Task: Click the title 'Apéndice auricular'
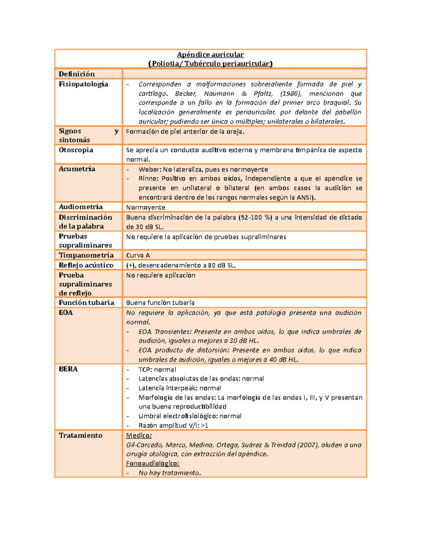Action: click(x=210, y=54)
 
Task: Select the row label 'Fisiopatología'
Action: click(x=83, y=84)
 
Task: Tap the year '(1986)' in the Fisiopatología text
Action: click(x=291, y=94)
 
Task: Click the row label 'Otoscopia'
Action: click(x=76, y=150)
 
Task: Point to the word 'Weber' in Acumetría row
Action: click(x=149, y=169)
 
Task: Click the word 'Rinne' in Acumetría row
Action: click(x=148, y=179)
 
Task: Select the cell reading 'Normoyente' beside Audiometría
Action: click(x=146, y=207)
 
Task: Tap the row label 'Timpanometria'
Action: click(x=86, y=255)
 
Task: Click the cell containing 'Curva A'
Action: click(x=138, y=255)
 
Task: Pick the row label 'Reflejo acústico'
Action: click(x=86, y=265)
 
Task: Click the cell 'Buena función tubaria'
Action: click(x=160, y=303)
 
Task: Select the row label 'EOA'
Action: click(x=66, y=313)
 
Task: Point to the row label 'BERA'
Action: click(x=68, y=369)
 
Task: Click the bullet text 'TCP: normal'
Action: click(x=157, y=369)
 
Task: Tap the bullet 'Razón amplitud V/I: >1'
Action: click(x=173, y=425)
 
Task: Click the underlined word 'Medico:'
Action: click(x=139, y=436)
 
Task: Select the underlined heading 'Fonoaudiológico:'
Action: click(x=152, y=463)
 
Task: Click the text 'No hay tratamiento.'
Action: click(x=170, y=473)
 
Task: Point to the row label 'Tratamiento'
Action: click(x=81, y=436)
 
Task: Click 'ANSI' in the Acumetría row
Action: click(x=304, y=197)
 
